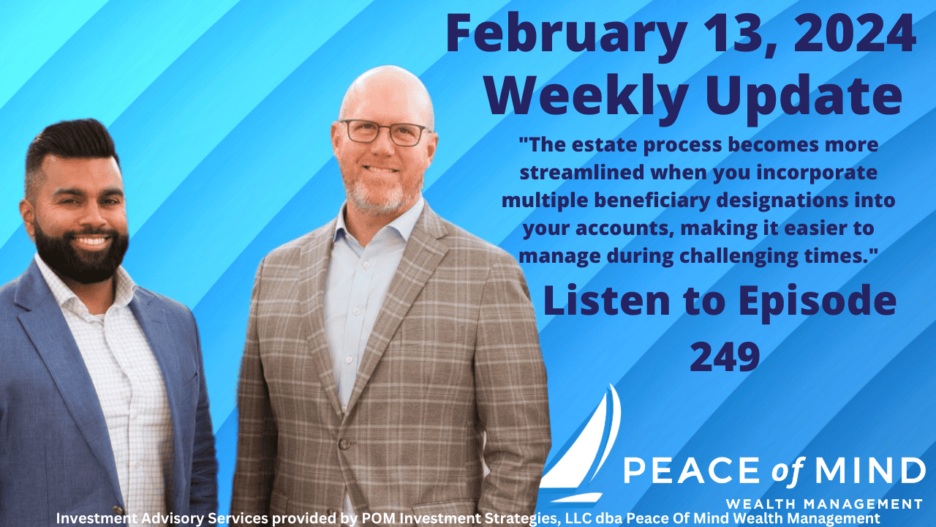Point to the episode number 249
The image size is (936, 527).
725,356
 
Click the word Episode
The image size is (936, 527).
818,302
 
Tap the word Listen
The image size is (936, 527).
606,300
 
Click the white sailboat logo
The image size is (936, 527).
580,443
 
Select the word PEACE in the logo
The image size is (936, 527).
691,470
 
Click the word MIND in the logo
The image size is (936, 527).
870,470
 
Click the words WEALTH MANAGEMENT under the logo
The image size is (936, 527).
824,504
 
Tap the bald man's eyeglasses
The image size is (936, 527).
384,133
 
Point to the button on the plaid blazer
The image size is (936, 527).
344,444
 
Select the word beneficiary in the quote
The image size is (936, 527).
652,201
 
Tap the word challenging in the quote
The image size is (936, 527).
739,256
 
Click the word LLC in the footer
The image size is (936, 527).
578,519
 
